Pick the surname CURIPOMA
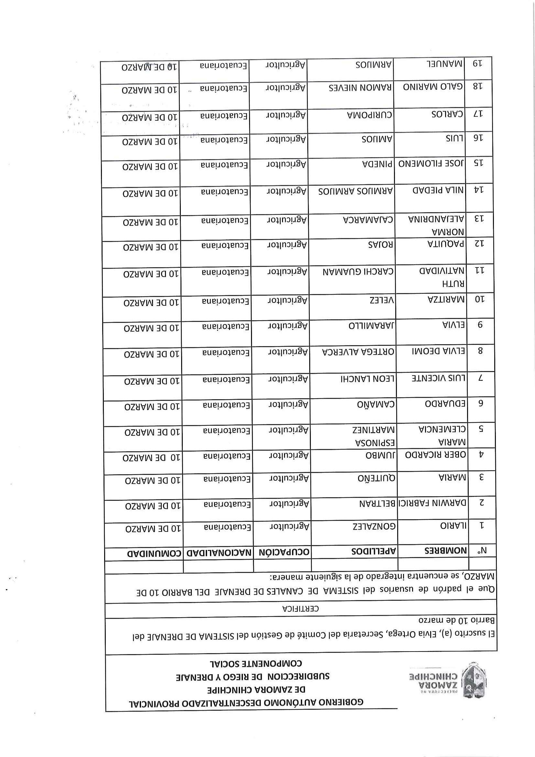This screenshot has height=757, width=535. point(369,115)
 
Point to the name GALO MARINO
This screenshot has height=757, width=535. point(433,87)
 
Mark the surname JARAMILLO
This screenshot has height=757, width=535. point(372,326)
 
